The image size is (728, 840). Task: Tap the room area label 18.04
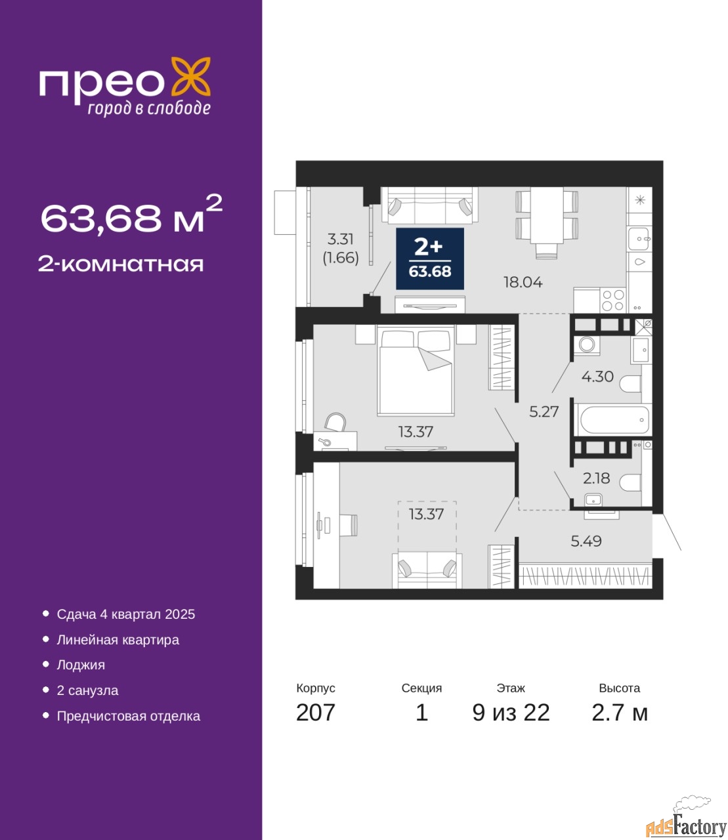click(523, 282)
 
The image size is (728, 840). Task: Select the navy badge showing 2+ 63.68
click(430, 259)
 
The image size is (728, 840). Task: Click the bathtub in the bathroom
click(614, 420)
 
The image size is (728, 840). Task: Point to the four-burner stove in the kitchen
click(613, 299)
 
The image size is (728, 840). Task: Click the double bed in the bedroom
click(415, 370)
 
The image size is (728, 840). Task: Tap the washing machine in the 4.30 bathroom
click(586, 345)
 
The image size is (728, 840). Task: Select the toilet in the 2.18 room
click(630, 482)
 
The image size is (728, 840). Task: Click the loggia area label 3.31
click(340, 239)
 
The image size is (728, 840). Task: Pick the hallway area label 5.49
click(586, 541)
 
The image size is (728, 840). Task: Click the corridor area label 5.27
click(544, 411)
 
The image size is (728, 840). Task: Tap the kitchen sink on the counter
click(639, 239)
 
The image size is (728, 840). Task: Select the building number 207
click(316, 712)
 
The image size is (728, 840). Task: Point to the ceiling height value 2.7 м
click(620, 712)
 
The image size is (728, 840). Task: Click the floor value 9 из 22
click(511, 712)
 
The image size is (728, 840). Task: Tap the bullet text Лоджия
click(81, 665)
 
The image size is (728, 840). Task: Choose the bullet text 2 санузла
click(87, 690)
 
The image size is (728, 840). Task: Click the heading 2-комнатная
click(121, 264)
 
